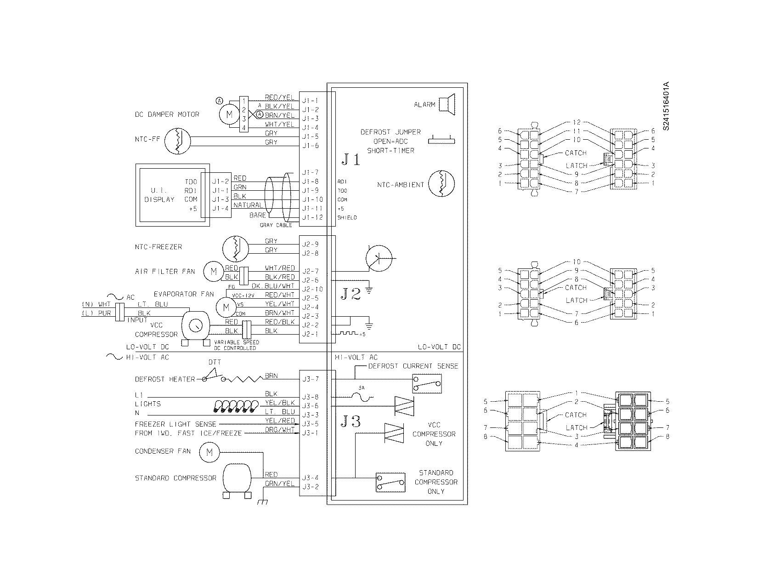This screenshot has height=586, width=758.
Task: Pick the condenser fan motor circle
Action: tap(209, 452)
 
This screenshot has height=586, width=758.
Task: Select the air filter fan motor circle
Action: tap(213, 272)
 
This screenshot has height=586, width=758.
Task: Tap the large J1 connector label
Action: tap(351, 159)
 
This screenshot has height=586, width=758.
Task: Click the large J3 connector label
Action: tap(351, 421)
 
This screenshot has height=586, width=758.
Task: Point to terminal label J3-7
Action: tap(310, 379)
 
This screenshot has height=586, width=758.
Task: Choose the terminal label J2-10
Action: tap(312, 289)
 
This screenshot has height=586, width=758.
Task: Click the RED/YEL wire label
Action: tap(279, 98)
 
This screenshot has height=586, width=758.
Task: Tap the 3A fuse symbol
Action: tap(361, 396)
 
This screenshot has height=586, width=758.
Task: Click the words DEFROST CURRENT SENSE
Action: tap(413, 366)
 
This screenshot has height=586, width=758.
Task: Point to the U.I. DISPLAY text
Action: tap(160, 195)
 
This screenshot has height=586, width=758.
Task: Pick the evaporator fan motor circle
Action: tap(226, 307)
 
